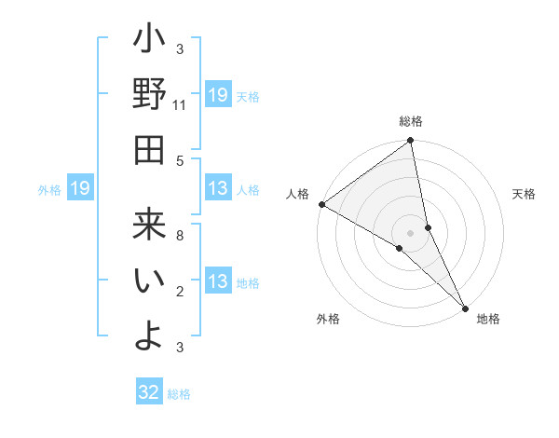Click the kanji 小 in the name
[149, 43]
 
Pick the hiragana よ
[149, 334]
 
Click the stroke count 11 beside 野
[180, 105]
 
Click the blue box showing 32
[150, 392]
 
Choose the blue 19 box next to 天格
[218, 94]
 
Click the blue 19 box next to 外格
[80, 189]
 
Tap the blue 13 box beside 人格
[218, 189]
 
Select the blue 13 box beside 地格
[218, 282]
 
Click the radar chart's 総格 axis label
[411, 121]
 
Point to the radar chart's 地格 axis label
[488, 319]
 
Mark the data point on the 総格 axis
[411, 142]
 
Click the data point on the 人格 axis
[321, 204]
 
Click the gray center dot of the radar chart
[411, 232]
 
